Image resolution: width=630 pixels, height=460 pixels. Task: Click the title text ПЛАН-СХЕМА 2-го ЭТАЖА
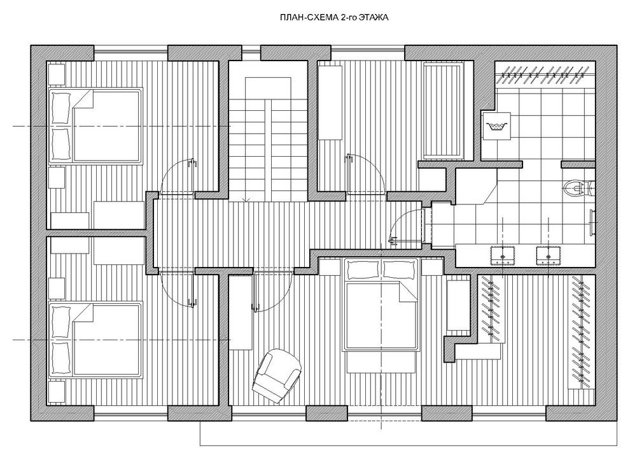pyautogui.click(x=334, y=18)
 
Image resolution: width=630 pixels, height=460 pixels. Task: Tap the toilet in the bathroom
pyautogui.click(x=578, y=188)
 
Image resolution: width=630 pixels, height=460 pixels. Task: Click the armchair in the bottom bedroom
pyautogui.click(x=277, y=375)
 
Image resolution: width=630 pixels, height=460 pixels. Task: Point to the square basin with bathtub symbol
pyautogui.click(x=496, y=126)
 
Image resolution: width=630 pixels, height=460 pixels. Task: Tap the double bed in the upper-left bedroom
pyautogui.click(x=95, y=126)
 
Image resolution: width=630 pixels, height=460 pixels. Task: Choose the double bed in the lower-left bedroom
pyautogui.click(x=95, y=340)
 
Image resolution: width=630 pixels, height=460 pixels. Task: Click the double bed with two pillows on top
pyautogui.click(x=381, y=305)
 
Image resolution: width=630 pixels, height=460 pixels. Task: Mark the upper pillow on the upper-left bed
pyautogui.click(x=61, y=108)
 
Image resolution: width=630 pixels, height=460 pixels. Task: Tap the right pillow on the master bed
pyautogui.click(x=398, y=270)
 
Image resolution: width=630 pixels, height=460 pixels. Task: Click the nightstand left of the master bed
pyautogui.click(x=330, y=266)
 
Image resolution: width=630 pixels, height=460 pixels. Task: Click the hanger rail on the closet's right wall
pyautogui.click(x=580, y=329)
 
